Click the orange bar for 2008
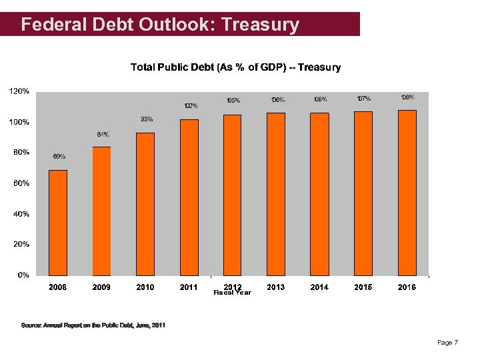coord(58,223)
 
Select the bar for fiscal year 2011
coord(189,197)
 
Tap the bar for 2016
coord(407,193)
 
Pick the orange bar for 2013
coord(276,194)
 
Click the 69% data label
coord(59,157)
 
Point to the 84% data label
coord(103,134)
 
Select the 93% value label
coord(147,119)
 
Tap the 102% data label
coord(191,105)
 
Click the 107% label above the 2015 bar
coord(364,99)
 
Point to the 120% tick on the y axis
coord(18,91)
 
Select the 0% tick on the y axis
coord(23,275)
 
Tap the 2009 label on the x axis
coord(101,287)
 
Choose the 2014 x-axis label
coord(320,287)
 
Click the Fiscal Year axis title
coord(232,293)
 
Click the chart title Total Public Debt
coord(235,67)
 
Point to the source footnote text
coord(93,325)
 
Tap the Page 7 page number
coord(447,343)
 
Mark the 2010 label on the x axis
coord(145,287)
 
